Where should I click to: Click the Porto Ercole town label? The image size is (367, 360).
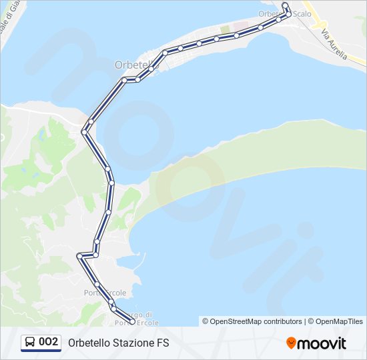tap(105, 293)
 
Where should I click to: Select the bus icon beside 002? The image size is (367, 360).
tap(30, 343)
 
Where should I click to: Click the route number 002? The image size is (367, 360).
tap(49, 343)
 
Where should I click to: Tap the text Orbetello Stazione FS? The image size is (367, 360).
tap(119, 343)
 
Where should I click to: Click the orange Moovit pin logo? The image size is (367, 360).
tap(291, 343)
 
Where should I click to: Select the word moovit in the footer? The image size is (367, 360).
tap(322, 343)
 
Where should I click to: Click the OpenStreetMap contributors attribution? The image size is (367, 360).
tap(252, 321)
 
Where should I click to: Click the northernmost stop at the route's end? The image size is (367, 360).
tap(285, 5)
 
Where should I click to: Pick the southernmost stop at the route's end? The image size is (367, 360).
tap(132, 321)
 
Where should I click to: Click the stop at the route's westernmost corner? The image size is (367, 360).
tap(79, 255)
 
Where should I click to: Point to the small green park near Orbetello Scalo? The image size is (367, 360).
tap(225, 30)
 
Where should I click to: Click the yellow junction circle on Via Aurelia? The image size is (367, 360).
tap(323, 23)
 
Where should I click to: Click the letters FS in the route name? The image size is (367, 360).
tap(163, 343)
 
